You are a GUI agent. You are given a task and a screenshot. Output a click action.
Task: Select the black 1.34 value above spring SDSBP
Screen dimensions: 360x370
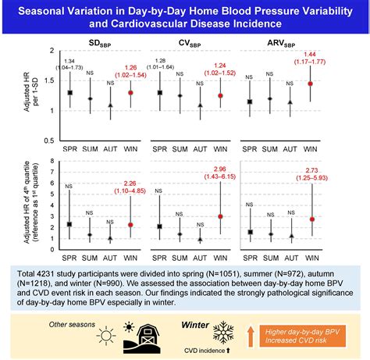coord(70,61)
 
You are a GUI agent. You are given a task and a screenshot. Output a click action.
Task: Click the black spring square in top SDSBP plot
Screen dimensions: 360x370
coord(70,93)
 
